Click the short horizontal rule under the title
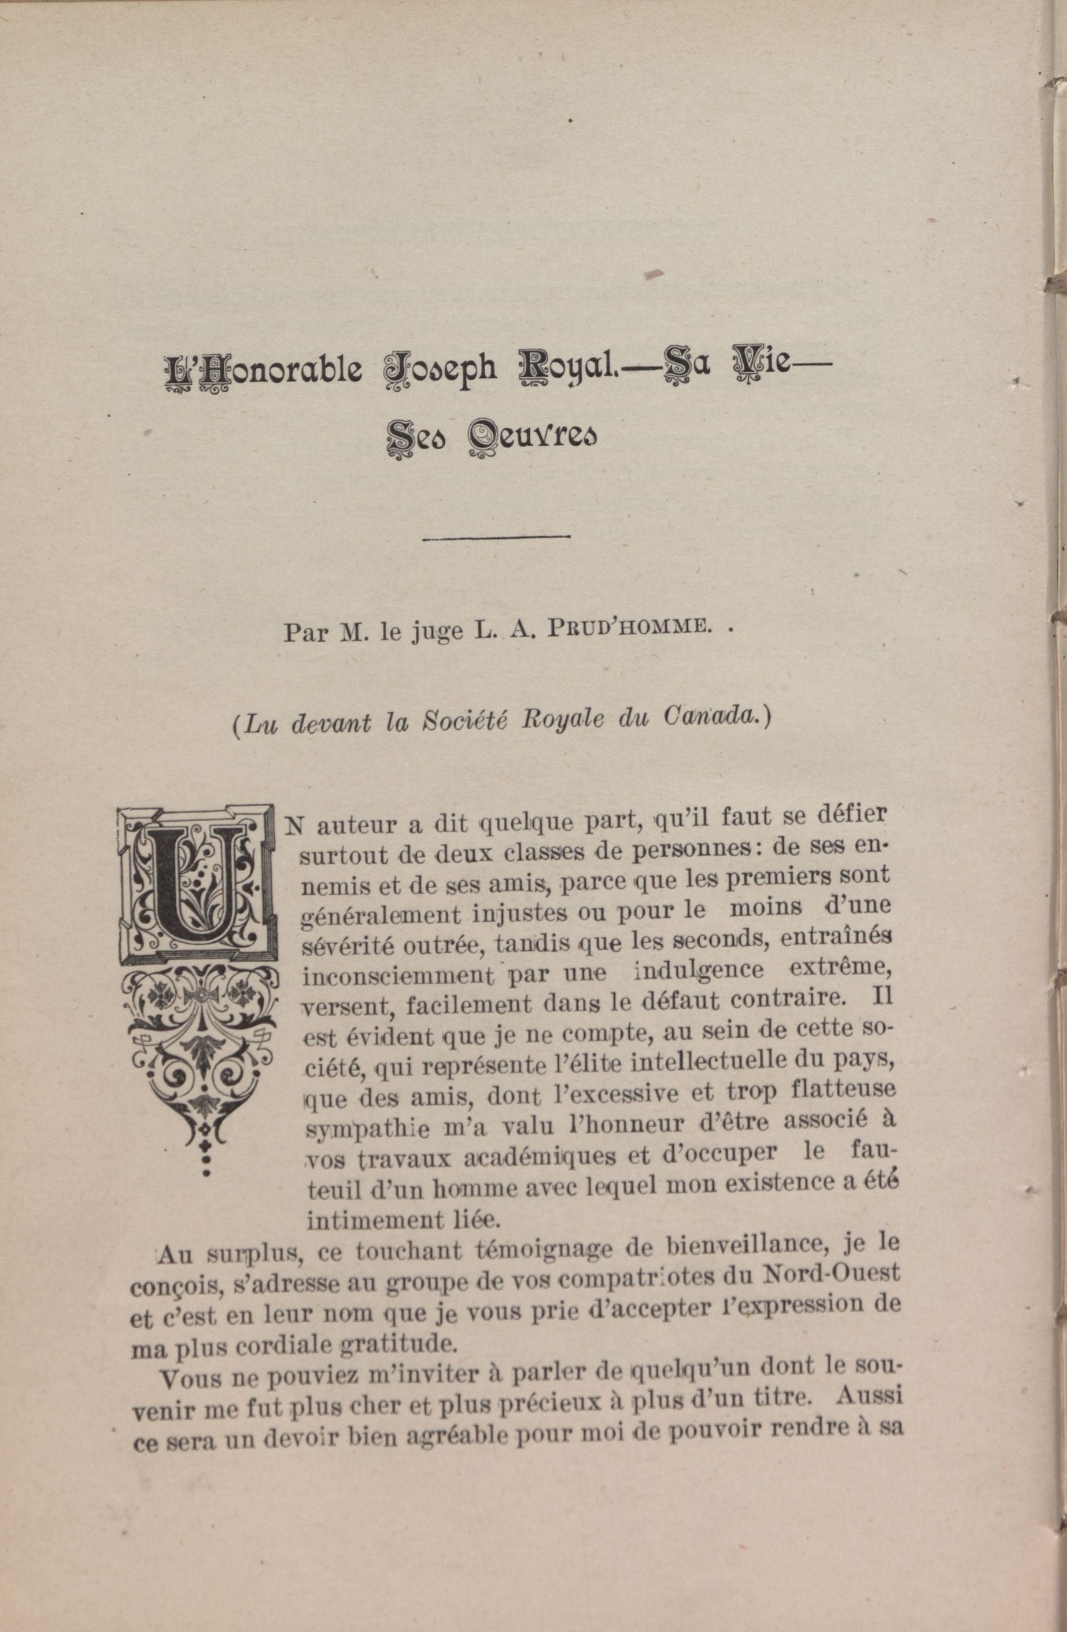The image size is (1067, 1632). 497,537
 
